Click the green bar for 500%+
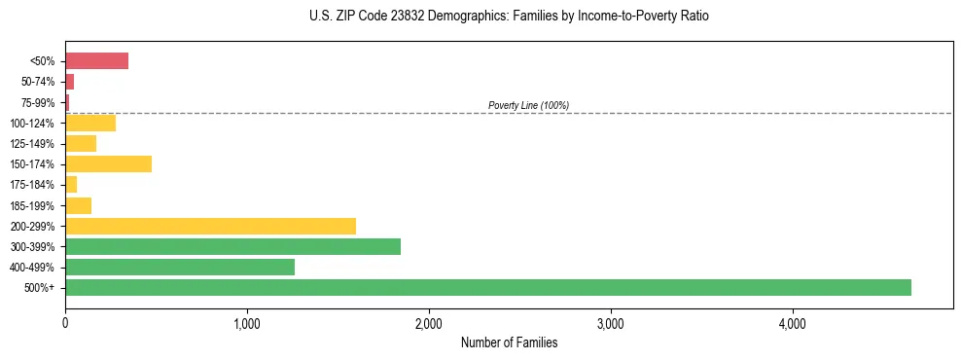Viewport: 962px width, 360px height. [487, 287]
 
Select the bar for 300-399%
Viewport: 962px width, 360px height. [232, 246]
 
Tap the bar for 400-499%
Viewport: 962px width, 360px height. [180, 267]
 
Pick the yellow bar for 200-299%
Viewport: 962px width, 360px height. [210, 226]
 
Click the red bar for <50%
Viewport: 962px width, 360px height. [96, 61]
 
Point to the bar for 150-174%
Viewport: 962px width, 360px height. [108, 163]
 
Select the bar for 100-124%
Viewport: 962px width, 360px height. [90, 123]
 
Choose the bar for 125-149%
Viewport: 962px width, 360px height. [81, 143]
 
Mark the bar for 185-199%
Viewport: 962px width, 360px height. [78, 205]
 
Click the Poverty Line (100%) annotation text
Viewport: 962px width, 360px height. [528, 105]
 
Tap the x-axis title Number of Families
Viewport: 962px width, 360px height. [509, 342]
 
